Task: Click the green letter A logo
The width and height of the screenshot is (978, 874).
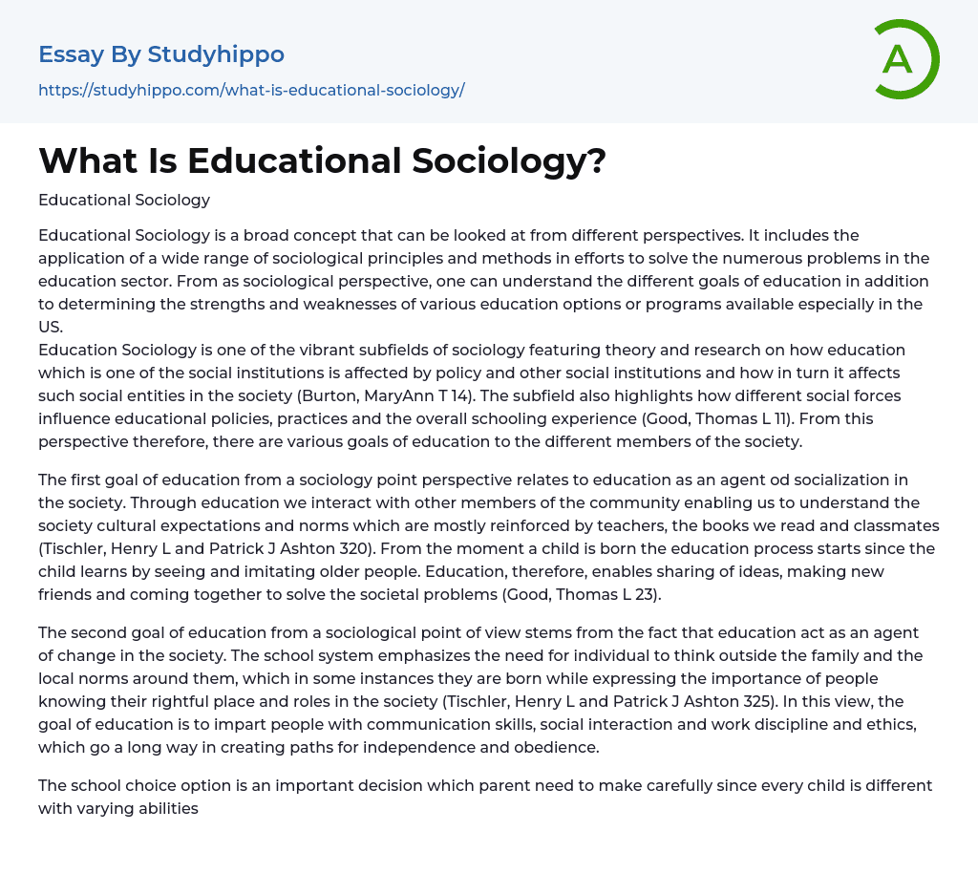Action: [x=903, y=60]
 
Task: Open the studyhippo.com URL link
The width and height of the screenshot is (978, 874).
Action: [x=251, y=91]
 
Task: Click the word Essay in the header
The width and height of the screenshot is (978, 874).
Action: [x=72, y=54]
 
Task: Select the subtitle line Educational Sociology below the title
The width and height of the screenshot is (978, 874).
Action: [x=124, y=200]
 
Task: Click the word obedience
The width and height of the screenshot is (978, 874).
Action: [x=551, y=747]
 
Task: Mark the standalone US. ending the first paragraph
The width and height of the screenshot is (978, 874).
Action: [x=50, y=327]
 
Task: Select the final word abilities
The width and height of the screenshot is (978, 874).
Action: [x=168, y=808]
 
